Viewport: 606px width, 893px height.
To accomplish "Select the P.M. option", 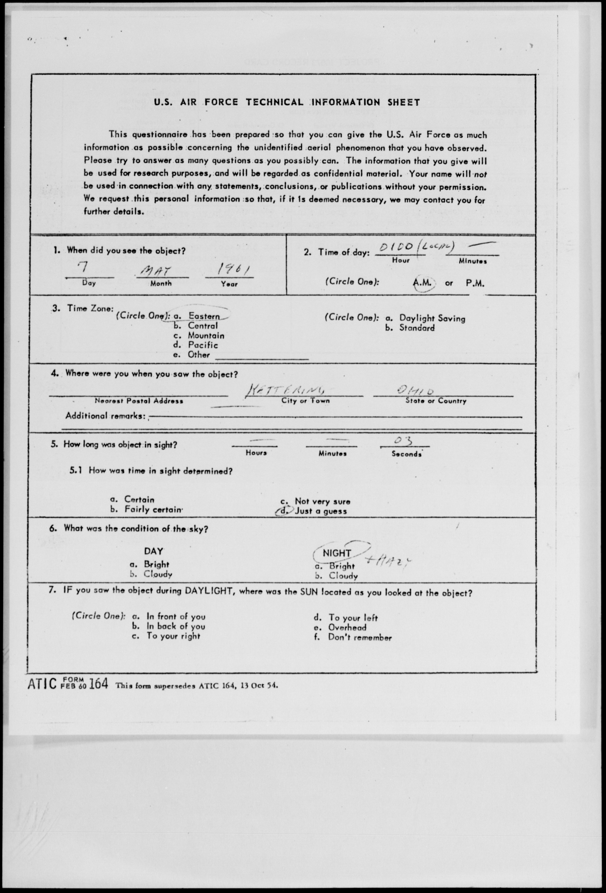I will [x=475, y=283].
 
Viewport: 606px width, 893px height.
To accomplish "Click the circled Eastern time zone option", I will [x=203, y=316].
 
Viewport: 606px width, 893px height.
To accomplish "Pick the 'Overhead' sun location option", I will [x=347, y=628].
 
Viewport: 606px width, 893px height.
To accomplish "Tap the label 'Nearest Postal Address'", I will [x=139, y=401].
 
